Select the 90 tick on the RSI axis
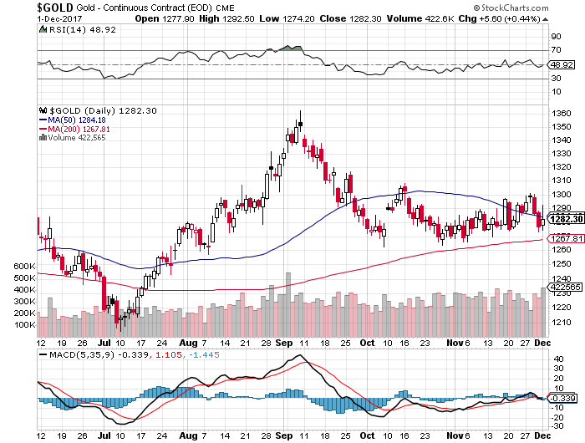coord(554,37)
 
